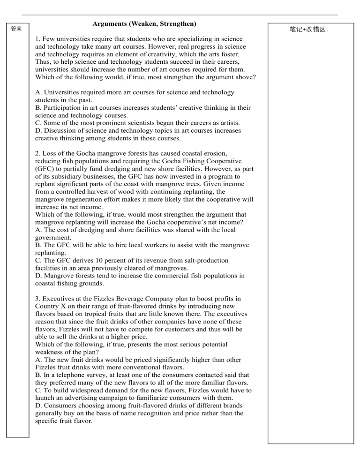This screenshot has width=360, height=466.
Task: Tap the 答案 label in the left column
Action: (16, 29)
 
